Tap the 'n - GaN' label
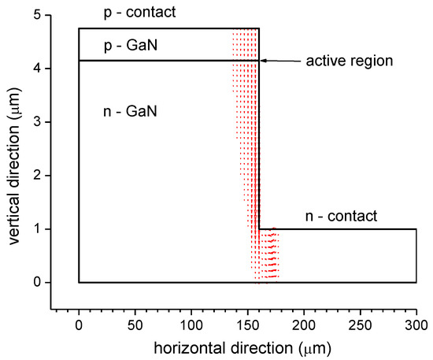(x=131, y=112)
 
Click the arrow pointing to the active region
(x=279, y=61)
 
